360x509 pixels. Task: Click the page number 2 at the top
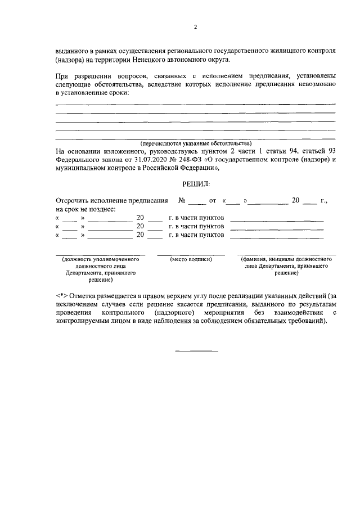click(x=195, y=26)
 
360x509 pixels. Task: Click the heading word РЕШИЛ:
click(x=196, y=183)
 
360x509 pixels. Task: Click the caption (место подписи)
click(x=191, y=259)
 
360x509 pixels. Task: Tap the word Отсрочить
click(x=76, y=200)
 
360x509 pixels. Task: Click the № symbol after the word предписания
click(x=182, y=200)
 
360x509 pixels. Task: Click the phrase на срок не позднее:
click(x=85, y=209)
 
